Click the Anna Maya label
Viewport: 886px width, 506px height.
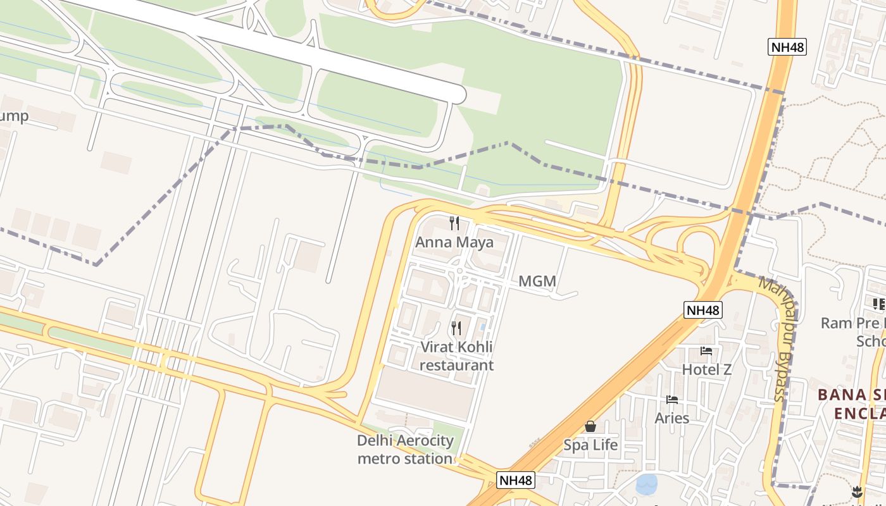point(454,242)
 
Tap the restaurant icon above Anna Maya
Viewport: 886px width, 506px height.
point(454,223)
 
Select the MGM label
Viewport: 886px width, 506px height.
point(537,281)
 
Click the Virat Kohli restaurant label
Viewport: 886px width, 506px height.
point(456,356)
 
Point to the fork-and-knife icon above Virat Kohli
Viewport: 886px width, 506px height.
point(456,328)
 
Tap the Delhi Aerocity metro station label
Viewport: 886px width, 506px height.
point(406,450)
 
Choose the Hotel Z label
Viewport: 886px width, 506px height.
point(706,369)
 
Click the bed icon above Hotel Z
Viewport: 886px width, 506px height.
point(706,351)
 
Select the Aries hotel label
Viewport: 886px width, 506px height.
point(672,418)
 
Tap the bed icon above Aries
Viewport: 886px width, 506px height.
point(672,399)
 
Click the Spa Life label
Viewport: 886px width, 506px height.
point(590,445)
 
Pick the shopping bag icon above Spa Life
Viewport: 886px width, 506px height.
point(590,426)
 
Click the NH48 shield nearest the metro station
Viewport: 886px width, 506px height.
point(516,480)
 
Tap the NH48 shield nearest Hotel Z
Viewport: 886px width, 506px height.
point(703,310)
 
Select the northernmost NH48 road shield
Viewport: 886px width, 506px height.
point(787,47)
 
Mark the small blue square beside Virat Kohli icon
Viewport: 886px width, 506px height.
point(483,326)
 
